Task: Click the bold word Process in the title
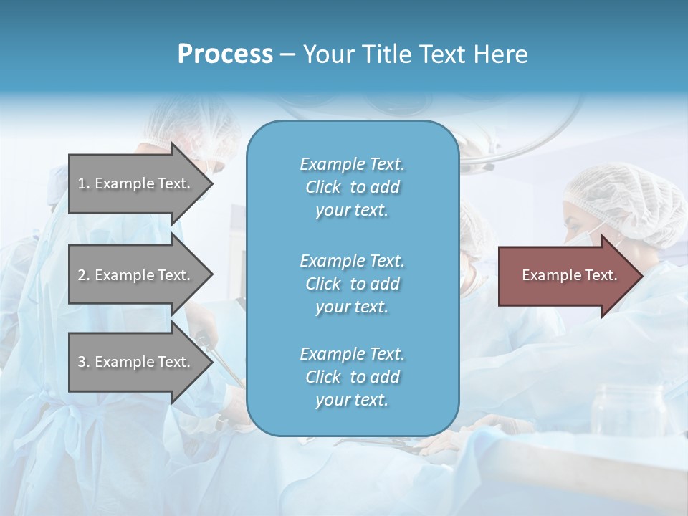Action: point(225,54)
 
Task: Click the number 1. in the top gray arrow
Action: point(84,183)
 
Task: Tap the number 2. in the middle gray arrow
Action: point(84,275)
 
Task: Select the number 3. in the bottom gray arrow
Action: point(84,362)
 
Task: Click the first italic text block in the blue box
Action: point(352,187)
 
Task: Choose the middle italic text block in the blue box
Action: point(352,284)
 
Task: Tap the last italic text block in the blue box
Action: point(352,377)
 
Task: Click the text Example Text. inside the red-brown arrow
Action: point(570,275)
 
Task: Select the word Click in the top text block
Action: point(323,188)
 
